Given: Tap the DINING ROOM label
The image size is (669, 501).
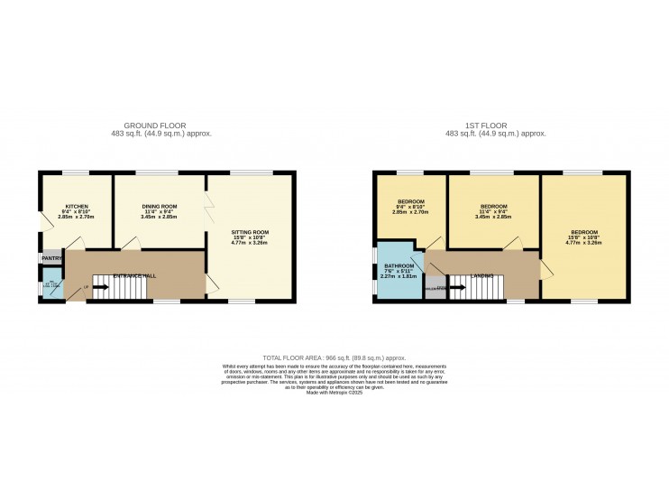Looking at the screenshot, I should (x=158, y=206).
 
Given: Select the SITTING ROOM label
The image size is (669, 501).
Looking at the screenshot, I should (x=250, y=232).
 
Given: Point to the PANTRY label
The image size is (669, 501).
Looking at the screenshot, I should (x=50, y=259).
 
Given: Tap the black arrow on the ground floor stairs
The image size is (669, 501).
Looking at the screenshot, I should (x=99, y=288).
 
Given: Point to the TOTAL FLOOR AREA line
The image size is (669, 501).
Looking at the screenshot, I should (x=334, y=357).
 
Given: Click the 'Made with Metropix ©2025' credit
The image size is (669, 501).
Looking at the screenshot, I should (x=334, y=393).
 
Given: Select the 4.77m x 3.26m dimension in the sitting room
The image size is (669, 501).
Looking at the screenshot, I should (x=250, y=243).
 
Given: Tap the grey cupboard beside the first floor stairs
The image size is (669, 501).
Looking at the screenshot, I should (x=435, y=290).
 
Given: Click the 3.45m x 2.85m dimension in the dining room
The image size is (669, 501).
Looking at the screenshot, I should (x=158, y=218).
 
